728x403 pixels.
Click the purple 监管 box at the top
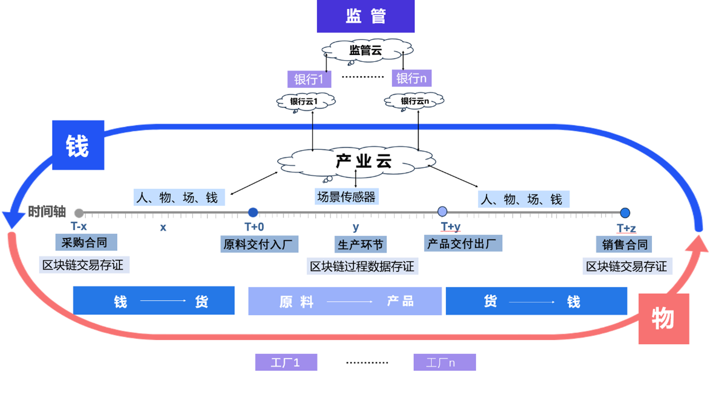(x=365, y=16)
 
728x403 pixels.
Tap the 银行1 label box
(x=309, y=79)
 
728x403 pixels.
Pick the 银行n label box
(x=411, y=79)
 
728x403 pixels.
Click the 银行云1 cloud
(x=305, y=101)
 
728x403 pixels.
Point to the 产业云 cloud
(x=357, y=161)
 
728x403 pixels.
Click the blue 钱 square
(x=78, y=145)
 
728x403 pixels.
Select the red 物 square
(x=664, y=319)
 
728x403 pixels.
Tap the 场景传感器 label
(x=346, y=197)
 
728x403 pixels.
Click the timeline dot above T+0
(x=253, y=212)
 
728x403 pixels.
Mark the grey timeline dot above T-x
(x=79, y=213)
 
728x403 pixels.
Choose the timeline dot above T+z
(x=625, y=213)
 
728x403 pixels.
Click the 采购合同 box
(x=86, y=242)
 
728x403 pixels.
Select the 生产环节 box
(x=361, y=245)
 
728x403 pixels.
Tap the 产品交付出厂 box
(x=463, y=243)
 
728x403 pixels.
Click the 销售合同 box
(x=624, y=245)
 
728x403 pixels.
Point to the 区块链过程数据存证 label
(x=362, y=266)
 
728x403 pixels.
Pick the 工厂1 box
(x=286, y=362)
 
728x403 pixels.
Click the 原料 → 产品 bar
(x=345, y=302)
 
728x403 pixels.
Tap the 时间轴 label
(x=47, y=212)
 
